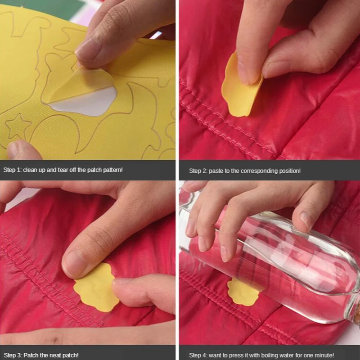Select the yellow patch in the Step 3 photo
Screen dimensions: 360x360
(96, 288)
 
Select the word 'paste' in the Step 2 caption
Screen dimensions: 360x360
(216, 171)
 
